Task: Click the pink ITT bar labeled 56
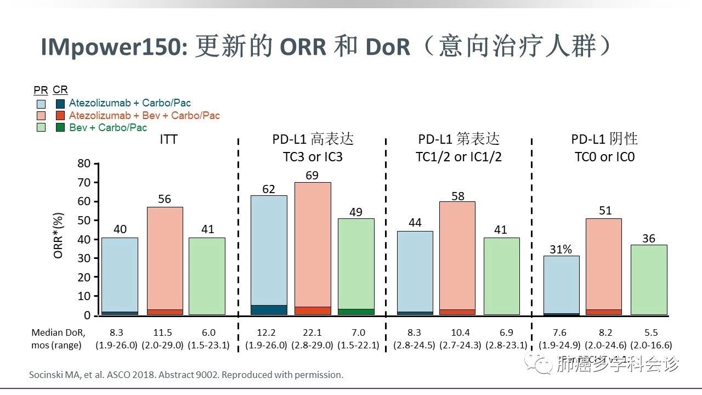165,258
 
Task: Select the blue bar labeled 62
269,252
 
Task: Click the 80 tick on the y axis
83,163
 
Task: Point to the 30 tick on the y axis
83,258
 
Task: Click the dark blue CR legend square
60,103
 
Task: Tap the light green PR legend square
41,128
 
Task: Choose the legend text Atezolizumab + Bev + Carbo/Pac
144,116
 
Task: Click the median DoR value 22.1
313,333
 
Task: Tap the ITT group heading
168,139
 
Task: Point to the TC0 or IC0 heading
604,157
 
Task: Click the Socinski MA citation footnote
186,375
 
